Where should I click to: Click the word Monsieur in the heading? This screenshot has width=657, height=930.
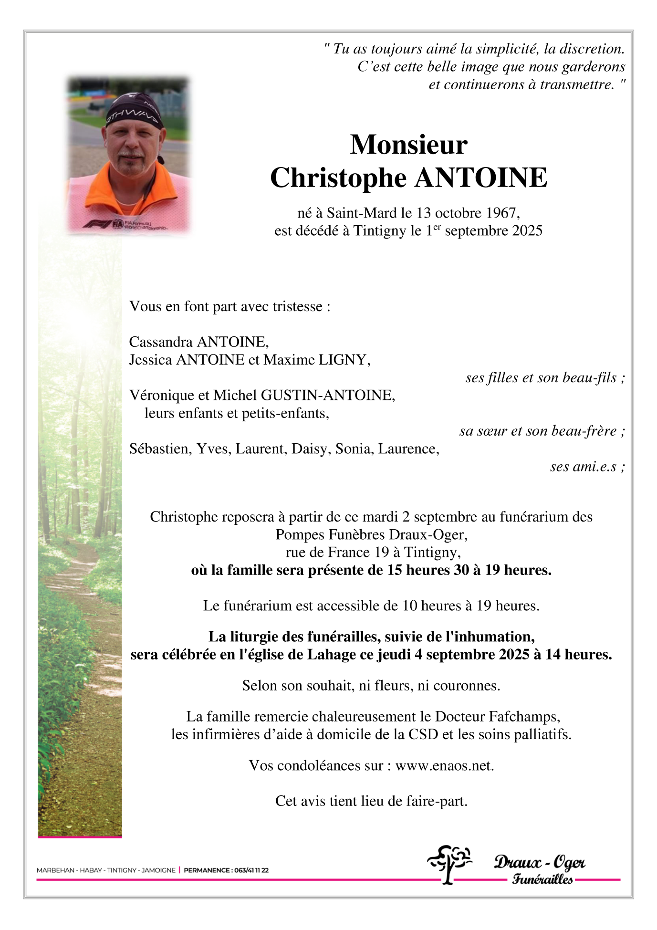point(408,145)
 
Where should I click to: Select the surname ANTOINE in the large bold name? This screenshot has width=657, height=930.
point(481,178)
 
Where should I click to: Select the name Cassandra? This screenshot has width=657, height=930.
point(161,342)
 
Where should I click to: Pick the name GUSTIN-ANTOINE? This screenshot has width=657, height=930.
point(327,395)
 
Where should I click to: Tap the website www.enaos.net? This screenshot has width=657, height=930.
point(444,765)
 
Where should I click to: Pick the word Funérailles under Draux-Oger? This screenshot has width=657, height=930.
point(542,879)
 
